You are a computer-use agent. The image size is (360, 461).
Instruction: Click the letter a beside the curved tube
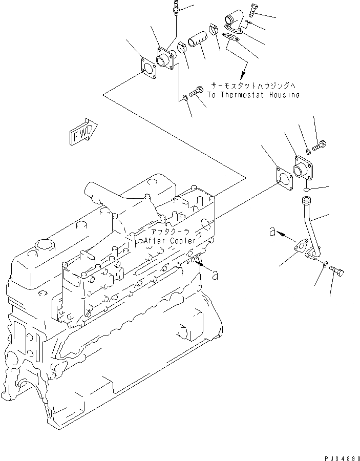pyautogui.click(x=272, y=232)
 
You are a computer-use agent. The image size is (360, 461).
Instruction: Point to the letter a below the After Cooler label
pyautogui.click(x=216, y=276)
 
